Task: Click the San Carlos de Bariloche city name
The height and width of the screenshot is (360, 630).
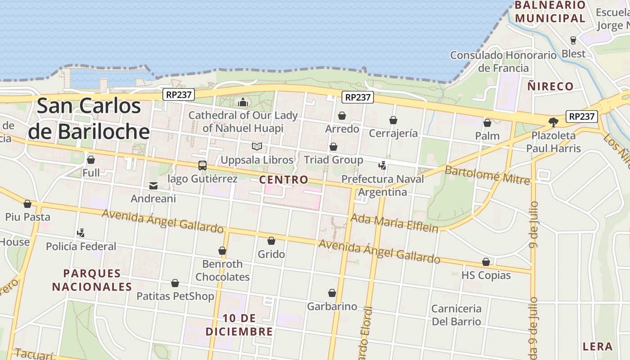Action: tap(89, 119)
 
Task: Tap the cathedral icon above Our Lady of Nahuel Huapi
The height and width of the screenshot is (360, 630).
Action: tap(243, 102)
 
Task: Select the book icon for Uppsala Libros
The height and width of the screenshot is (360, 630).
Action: tap(257, 147)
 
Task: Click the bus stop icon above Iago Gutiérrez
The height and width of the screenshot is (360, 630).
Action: tap(202, 166)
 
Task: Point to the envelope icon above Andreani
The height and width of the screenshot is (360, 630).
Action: tap(153, 186)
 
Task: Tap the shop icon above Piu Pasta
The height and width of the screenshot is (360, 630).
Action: tap(27, 204)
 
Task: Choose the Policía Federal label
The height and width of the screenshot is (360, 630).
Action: tap(81, 246)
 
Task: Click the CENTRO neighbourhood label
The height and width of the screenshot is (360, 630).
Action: tap(284, 180)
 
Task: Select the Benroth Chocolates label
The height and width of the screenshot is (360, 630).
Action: tap(222, 270)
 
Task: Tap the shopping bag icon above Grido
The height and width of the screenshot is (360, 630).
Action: tap(271, 241)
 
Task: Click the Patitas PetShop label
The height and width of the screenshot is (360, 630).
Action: tap(175, 296)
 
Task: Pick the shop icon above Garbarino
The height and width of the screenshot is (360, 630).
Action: tap(332, 293)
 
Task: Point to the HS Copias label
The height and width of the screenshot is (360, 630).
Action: tap(486, 275)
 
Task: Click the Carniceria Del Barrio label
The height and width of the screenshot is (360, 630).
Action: tap(456, 315)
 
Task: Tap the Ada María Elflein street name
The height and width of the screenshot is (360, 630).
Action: tap(394, 223)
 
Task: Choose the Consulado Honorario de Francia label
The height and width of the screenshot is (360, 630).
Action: tap(504, 62)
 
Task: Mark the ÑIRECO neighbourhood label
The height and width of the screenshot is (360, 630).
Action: tap(550, 86)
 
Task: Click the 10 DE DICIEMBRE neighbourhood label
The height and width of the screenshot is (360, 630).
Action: tap(239, 325)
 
